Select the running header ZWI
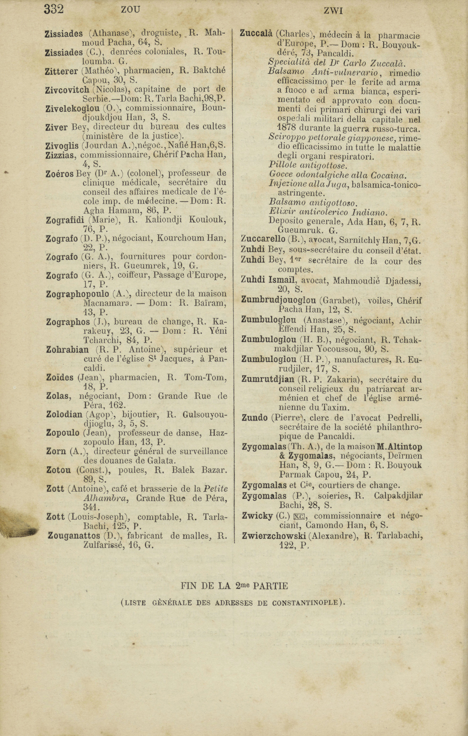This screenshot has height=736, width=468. [x=333, y=11]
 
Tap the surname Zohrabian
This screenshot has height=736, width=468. [x=67, y=350]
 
